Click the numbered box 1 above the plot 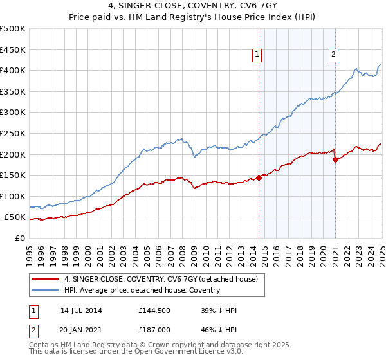tap(257, 55)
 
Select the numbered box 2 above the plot tap(334, 55)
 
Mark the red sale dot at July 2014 tap(259, 177)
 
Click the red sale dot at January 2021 tap(335, 160)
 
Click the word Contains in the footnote tap(45, 346)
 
